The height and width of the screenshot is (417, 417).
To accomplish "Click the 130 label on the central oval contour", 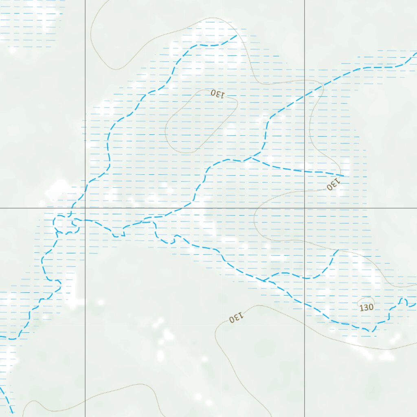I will point(218,94).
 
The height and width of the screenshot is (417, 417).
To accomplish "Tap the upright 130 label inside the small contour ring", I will point(367,307).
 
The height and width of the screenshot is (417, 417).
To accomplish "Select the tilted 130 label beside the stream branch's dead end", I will point(333,185).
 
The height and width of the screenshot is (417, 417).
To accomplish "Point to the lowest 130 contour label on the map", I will point(236,317).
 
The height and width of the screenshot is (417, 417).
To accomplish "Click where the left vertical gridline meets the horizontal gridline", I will point(85,208).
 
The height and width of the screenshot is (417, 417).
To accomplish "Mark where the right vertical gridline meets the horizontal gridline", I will point(305,208).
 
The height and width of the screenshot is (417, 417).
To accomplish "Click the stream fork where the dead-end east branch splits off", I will point(250,158).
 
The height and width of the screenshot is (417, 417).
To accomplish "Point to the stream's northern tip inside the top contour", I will point(237,36).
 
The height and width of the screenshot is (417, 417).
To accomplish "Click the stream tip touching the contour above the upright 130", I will point(337,250).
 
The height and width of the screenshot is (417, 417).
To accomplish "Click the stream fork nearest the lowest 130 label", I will point(264,281).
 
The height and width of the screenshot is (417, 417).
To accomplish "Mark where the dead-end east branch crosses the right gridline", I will point(305,171).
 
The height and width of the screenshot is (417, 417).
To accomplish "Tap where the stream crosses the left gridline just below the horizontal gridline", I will point(85,220).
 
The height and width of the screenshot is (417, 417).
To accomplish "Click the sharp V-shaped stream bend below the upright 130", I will point(372,331).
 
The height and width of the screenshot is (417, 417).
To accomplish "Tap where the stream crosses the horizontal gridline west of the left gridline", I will point(72,208).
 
